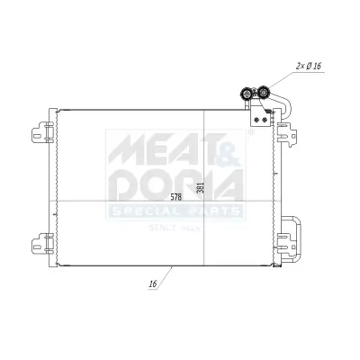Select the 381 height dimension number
(x=201, y=189)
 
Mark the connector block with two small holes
(x=262, y=114)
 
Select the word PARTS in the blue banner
(x=212, y=212)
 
